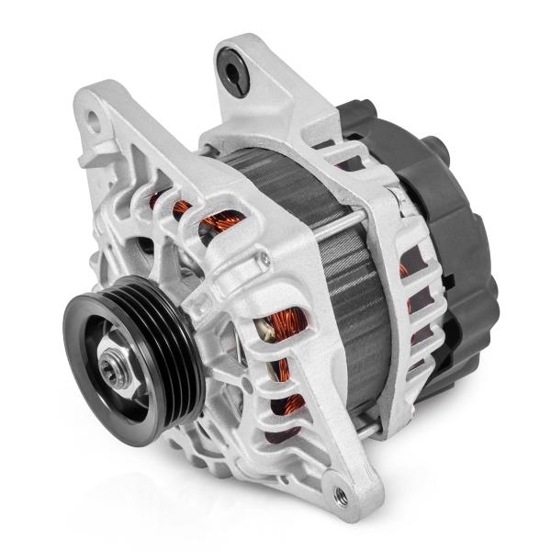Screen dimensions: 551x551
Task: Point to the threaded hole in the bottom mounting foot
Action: click(342, 496)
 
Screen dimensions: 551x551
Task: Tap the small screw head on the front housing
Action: click(264, 260)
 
